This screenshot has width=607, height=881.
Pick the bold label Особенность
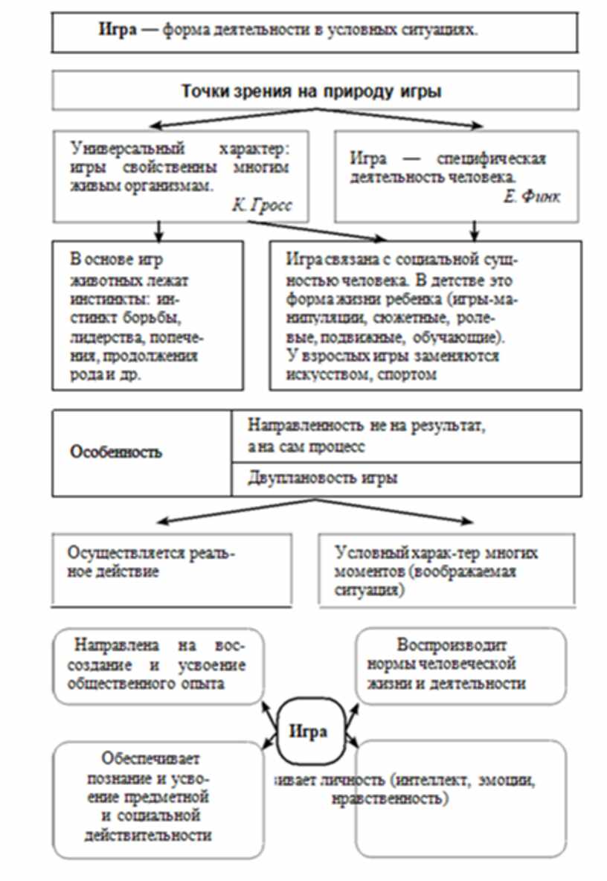tap(115, 452)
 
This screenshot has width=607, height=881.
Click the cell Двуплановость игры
tap(322, 478)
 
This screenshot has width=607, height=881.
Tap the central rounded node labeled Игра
tap(308, 731)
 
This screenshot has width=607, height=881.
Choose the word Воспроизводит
tap(452, 645)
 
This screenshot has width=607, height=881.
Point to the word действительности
tap(158, 835)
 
